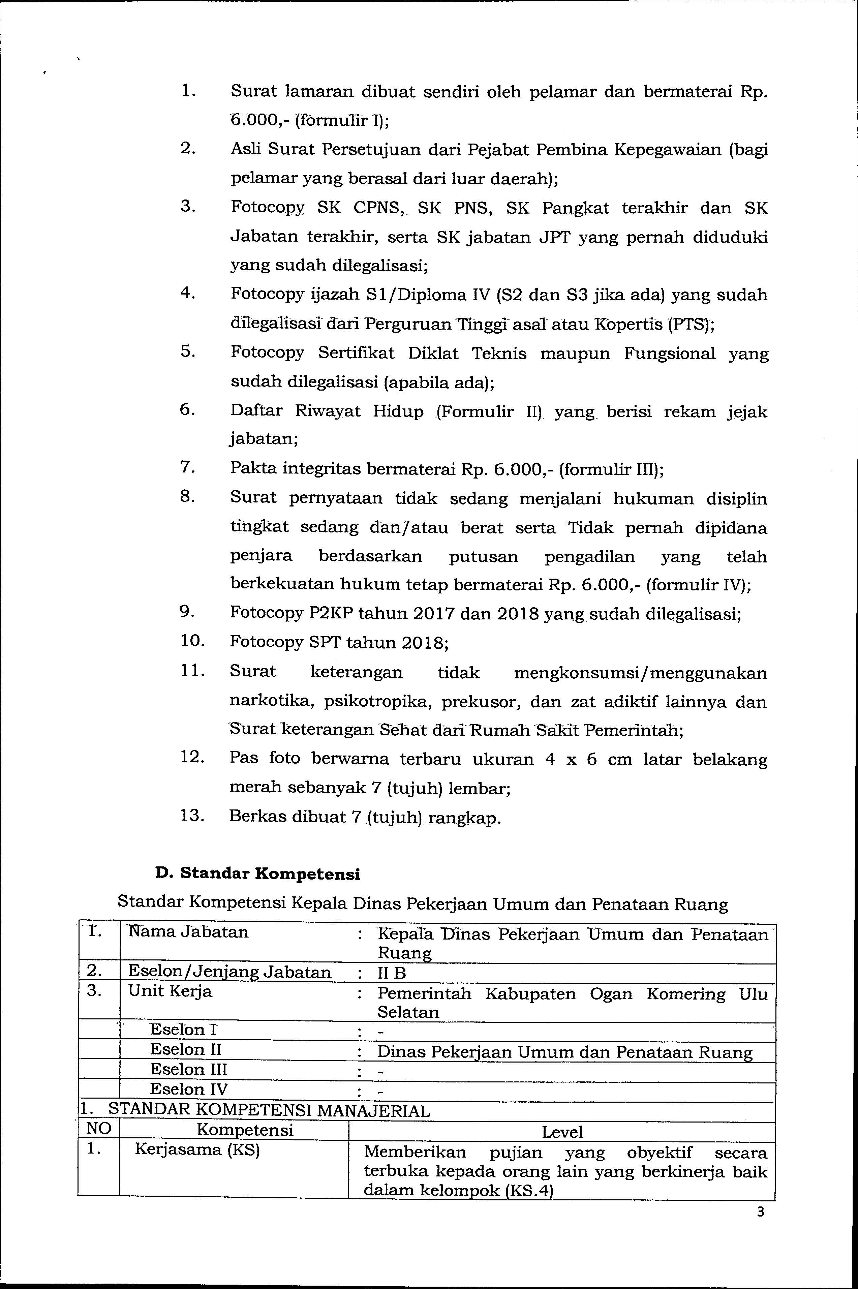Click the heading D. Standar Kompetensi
(x=258, y=874)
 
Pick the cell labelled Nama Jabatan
(x=188, y=932)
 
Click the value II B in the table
(x=392, y=973)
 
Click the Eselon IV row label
(x=189, y=1089)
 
